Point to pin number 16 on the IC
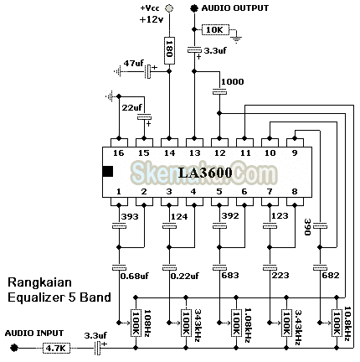(119, 153)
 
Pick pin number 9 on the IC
(293, 153)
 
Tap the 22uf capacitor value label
(132, 107)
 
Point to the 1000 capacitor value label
(233, 82)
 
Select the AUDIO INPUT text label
(33, 333)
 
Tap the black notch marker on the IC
(107, 172)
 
